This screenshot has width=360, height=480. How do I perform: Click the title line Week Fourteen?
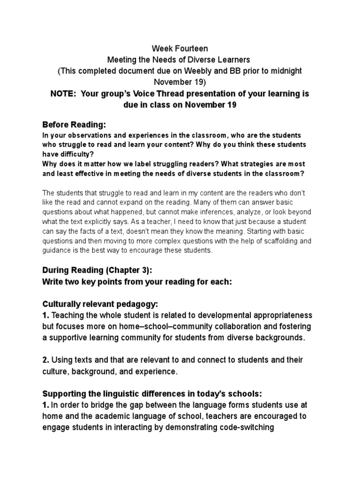(180, 48)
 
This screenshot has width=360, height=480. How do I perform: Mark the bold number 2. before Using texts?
(45, 360)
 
